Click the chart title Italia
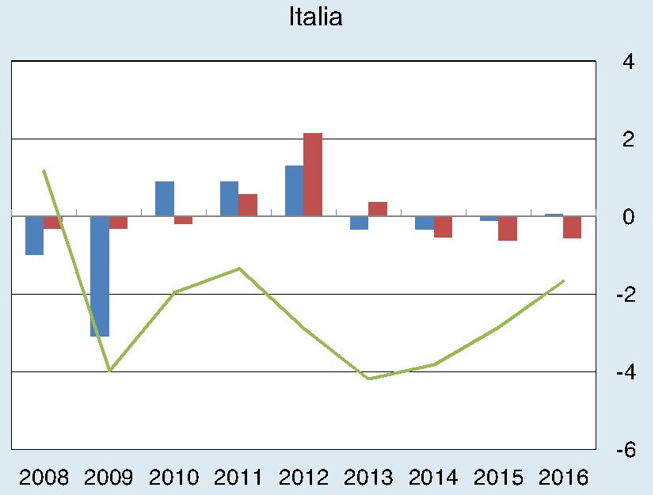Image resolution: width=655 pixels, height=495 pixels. tap(316, 17)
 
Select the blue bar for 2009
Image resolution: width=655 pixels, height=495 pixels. tap(99, 276)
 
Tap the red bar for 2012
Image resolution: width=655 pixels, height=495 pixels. tap(313, 174)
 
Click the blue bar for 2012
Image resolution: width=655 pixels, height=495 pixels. tap(294, 190)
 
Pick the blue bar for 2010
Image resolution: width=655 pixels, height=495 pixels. tap(165, 198)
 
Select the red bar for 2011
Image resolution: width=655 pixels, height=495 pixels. tap(248, 204)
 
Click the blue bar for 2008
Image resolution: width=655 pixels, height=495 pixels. tap(34, 235)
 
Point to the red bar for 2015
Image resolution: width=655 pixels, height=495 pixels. tap(508, 228)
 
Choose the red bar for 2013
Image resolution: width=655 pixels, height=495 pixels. tap(378, 208)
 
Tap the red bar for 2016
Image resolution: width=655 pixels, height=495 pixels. tap(572, 227)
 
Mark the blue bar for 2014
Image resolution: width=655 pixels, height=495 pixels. tap(425, 223)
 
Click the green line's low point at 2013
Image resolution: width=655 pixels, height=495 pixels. tap(369, 379)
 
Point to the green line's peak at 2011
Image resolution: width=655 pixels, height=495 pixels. tap(239, 268)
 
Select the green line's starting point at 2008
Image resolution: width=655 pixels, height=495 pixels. tap(44, 170)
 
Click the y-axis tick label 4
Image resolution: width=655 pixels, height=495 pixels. tap(627, 62)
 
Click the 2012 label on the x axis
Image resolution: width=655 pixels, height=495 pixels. tap(304, 478)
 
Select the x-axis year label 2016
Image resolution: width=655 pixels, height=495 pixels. tap(563, 478)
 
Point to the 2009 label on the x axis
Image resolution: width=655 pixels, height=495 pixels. tap(109, 478)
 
